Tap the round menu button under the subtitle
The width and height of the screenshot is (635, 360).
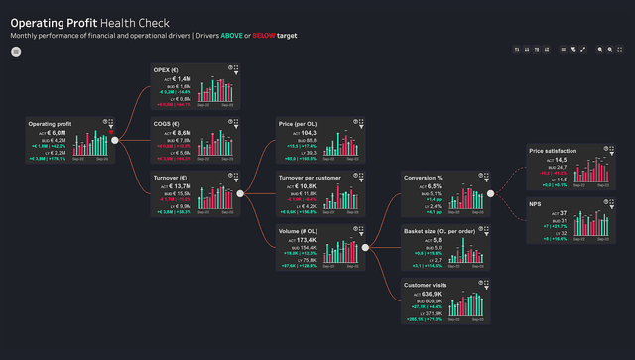click(16, 51)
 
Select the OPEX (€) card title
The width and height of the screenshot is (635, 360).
click(166, 70)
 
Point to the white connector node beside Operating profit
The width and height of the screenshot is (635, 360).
click(115, 141)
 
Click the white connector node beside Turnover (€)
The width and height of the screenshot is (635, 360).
click(239, 193)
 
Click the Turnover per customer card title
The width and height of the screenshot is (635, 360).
click(310, 177)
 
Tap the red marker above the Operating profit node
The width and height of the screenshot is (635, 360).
click(113, 131)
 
